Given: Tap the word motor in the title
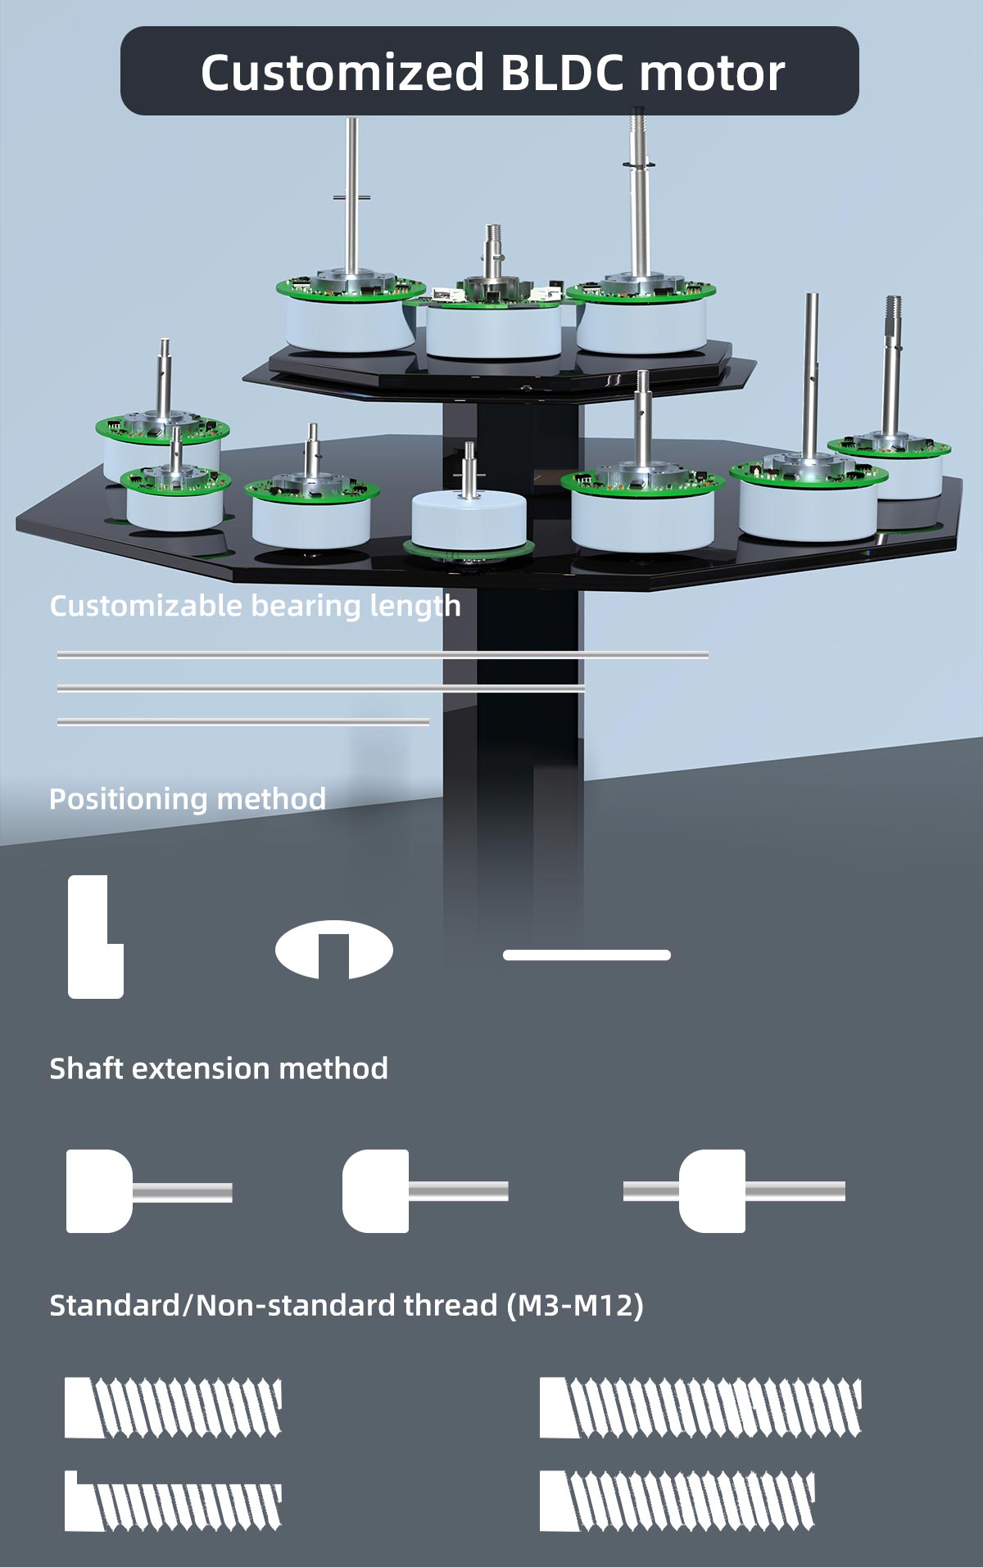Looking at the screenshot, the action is [x=712, y=74].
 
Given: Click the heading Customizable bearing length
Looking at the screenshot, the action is [x=255, y=607].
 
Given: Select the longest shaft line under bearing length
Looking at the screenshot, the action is [x=383, y=655].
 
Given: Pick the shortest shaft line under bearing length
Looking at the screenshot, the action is [x=243, y=721].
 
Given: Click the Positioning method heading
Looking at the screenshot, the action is [x=188, y=799].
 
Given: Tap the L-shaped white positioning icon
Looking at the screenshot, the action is [x=95, y=937].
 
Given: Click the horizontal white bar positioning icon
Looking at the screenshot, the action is [x=587, y=955].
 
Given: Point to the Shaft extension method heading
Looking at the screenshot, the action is [x=219, y=1068].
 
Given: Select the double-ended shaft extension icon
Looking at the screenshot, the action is [x=734, y=1191].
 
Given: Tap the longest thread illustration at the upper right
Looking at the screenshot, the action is [x=700, y=1407].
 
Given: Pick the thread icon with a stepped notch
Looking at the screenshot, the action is [x=173, y=1502].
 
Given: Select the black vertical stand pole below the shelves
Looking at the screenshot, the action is [x=511, y=737].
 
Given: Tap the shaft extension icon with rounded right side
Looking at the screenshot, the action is [x=149, y=1191].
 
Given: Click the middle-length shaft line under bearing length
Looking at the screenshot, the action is [x=321, y=689].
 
